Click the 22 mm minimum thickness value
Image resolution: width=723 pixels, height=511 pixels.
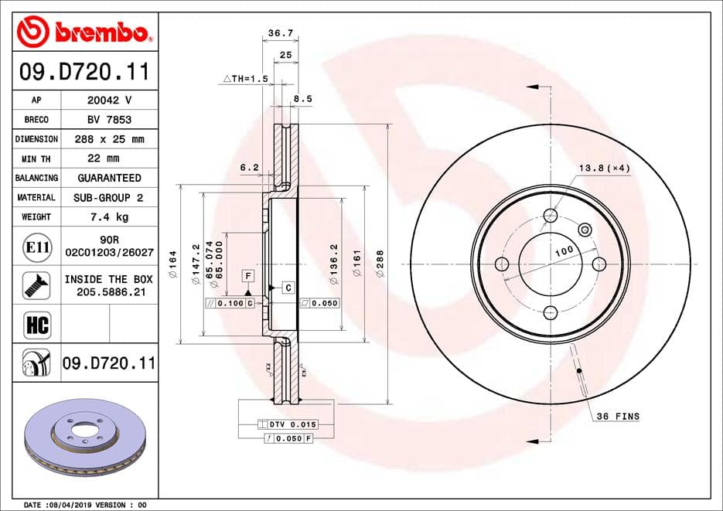(x=104, y=158)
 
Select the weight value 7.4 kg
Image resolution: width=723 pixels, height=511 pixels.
(x=110, y=217)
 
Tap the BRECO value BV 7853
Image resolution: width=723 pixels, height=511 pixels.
(x=109, y=119)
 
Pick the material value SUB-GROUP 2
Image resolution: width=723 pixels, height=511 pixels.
(x=108, y=198)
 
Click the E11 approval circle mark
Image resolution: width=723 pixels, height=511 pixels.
(x=37, y=247)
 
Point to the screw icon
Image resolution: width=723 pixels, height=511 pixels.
(x=37, y=284)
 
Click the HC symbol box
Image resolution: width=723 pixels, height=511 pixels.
(x=37, y=324)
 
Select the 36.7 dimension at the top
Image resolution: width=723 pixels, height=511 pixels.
(x=281, y=33)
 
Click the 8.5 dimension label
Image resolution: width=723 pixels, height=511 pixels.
(x=303, y=99)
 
